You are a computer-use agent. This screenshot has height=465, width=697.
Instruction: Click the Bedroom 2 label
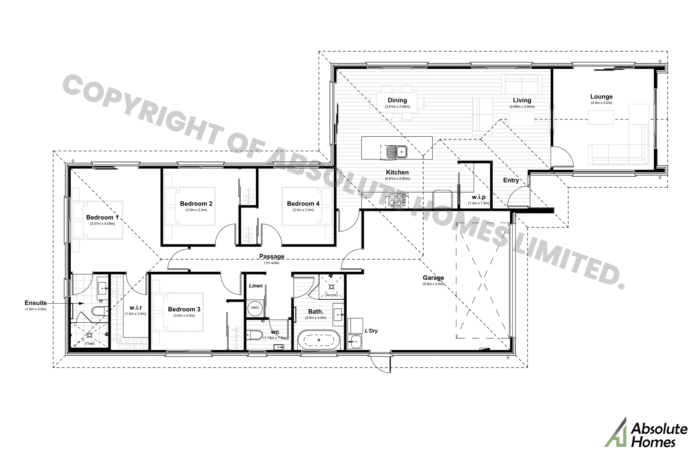196,204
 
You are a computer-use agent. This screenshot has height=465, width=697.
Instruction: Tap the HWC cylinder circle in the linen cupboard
255,308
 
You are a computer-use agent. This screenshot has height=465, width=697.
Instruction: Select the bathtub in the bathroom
319,340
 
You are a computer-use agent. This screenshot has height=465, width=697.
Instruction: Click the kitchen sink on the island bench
396,152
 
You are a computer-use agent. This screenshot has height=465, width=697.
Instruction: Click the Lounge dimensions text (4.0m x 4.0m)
601,103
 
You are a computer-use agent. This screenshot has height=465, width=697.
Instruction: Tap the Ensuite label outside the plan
36,303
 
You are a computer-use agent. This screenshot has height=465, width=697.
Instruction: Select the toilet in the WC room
254,334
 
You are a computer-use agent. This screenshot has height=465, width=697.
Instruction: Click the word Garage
433,278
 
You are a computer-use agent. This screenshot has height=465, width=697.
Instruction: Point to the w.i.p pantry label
478,197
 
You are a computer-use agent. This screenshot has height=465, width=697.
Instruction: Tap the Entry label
511,180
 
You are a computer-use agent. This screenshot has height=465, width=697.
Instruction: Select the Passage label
272,256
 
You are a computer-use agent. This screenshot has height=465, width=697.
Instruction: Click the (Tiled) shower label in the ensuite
89,343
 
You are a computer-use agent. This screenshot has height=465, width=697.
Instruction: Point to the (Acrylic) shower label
331,295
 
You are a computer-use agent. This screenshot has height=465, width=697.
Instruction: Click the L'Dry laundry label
371,331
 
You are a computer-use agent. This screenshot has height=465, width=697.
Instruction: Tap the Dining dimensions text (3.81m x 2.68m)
397,107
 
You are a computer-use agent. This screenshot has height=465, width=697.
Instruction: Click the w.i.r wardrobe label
135,307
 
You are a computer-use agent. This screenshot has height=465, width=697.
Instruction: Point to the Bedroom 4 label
303,204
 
